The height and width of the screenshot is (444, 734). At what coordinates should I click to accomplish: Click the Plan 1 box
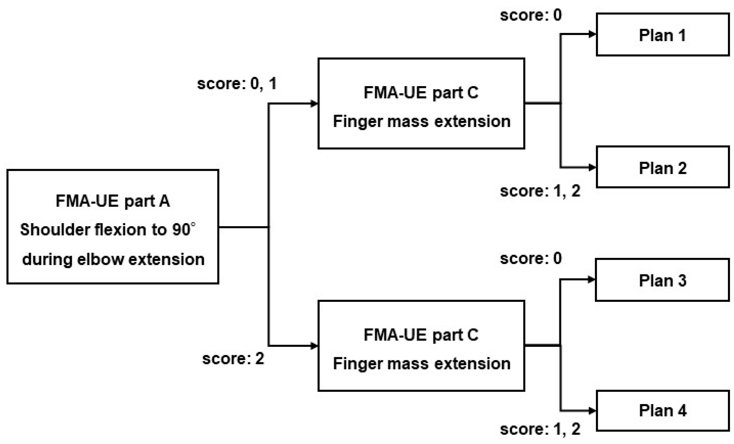(663, 35)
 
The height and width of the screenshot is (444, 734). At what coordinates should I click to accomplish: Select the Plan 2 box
(663, 167)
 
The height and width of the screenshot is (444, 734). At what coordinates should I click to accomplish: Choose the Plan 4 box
(663, 411)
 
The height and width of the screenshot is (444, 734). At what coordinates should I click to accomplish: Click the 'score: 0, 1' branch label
(237, 83)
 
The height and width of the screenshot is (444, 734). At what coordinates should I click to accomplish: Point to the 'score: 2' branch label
(233, 358)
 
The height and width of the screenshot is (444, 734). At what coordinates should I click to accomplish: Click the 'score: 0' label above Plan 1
(531, 15)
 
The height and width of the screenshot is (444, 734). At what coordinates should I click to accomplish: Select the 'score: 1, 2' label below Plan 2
(540, 191)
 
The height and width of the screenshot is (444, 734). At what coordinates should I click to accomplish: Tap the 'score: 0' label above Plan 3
(531, 258)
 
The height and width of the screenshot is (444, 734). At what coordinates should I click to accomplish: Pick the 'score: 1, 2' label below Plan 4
(540, 429)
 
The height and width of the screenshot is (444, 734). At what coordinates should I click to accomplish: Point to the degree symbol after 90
(193, 224)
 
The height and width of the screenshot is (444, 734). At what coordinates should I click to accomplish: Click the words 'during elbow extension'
(113, 259)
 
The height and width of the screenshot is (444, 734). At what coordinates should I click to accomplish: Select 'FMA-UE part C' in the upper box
(421, 93)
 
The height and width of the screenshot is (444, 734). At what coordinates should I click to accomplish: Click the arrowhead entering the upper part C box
(314, 104)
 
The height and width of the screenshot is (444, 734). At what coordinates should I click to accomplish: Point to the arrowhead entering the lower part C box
(314, 346)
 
